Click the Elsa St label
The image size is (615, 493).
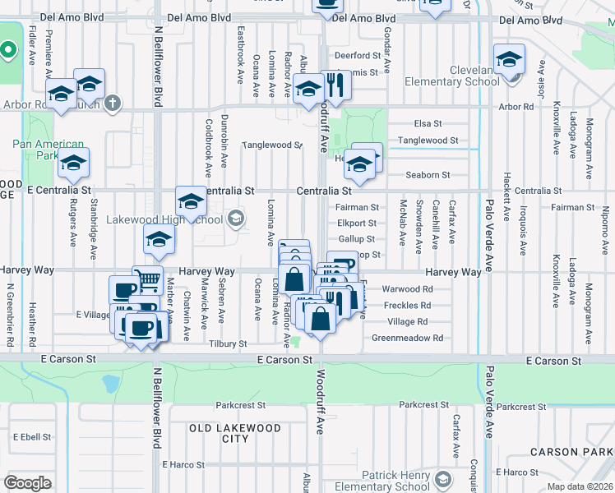coord(428,123)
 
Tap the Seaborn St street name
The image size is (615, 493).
coord(428,175)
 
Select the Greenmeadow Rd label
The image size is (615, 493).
coord(407,338)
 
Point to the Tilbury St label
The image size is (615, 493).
coord(228,344)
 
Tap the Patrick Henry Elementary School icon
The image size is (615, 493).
coord(443,479)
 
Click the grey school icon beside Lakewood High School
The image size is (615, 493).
coord(236,218)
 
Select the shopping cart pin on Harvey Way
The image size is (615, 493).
coord(148,279)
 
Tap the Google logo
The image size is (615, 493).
coord(27,483)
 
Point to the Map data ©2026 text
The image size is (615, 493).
coord(580,486)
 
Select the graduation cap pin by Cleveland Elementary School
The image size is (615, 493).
coord(509,59)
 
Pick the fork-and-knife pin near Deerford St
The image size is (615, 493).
coord(334,84)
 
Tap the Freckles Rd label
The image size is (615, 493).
coord(407,306)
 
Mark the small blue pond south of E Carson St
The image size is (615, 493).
coord(110,383)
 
